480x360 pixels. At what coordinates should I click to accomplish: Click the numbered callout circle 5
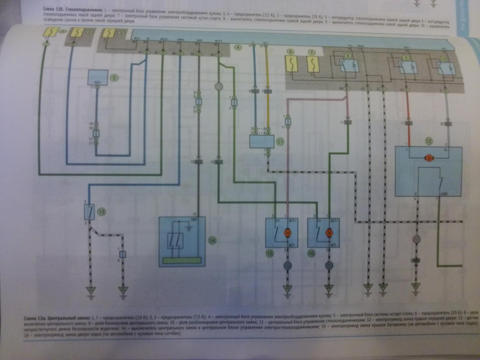[115, 78]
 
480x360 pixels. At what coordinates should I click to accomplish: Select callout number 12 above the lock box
[429, 141]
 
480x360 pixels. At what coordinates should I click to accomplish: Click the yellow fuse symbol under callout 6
[291, 64]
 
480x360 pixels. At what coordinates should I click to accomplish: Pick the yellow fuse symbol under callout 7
[313, 64]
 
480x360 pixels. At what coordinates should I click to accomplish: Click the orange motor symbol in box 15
[288, 232]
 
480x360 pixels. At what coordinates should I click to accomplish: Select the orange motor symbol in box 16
[329, 232]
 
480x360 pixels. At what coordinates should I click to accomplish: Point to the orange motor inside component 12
[429, 159]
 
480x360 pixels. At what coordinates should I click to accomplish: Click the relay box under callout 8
[348, 66]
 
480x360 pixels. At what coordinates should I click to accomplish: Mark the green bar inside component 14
[182, 260]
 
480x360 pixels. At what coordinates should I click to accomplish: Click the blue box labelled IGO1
[98, 77]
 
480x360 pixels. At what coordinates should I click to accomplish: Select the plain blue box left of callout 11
[262, 142]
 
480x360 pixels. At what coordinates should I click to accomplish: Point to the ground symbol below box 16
[329, 288]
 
